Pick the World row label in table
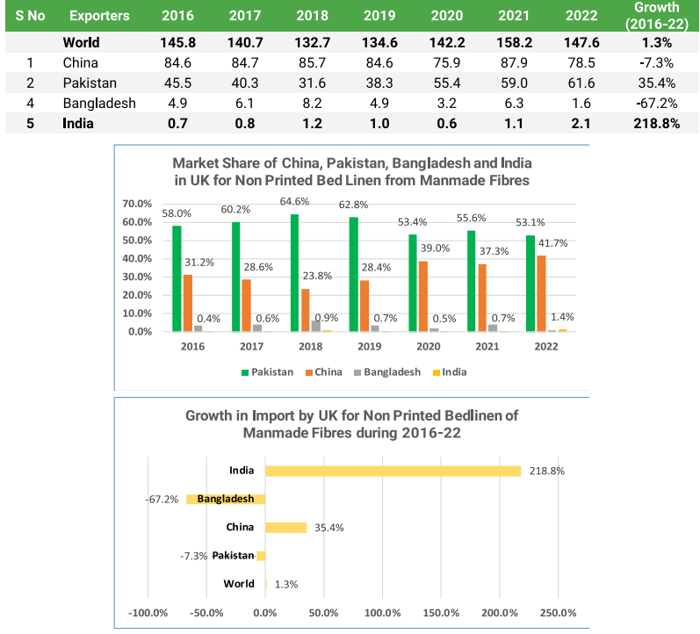(x=81, y=42)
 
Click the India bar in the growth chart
(x=393, y=471)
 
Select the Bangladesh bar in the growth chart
(x=226, y=499)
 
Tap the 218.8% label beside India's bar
(x=546, y=471)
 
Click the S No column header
(x=31, y=17)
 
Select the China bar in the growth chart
(x=285, y=527)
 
